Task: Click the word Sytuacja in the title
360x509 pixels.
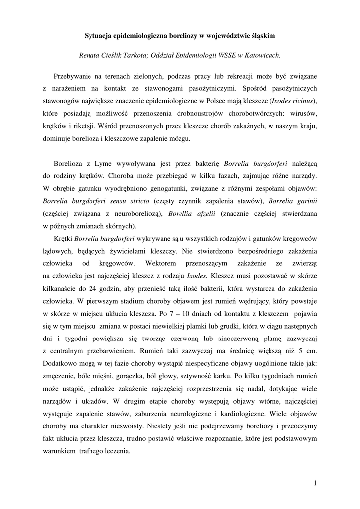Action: (x=97, y=36)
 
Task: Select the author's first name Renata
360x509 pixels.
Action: (x=92, y=56)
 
